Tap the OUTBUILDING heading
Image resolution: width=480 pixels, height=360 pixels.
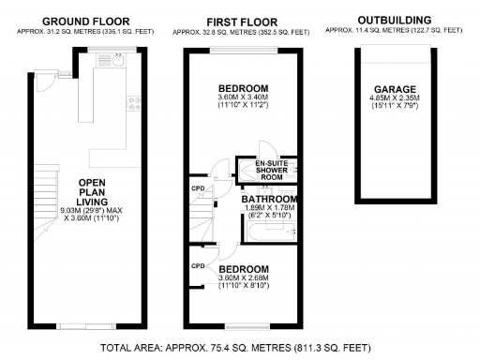tap(394, 19)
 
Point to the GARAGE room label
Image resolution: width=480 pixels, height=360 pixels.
tap(394, 90)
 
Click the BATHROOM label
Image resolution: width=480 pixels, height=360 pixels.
tap(270, 200)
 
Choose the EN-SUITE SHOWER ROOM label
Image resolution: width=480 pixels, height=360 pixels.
tap(271, 170)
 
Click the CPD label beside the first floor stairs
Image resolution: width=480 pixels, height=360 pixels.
tap(198, 187)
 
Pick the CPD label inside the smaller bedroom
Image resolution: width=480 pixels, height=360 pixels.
tap(198, 266)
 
